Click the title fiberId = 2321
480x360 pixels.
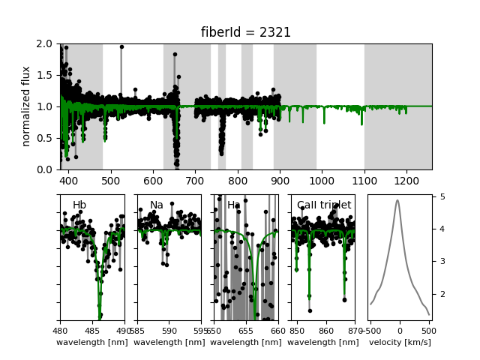[245, 32]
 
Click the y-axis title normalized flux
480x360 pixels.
[26, 106]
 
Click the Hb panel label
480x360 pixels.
[79, 205]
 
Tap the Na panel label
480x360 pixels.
[156, 205]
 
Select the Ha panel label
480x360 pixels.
[234, 205]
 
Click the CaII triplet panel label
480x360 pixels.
[324, 205]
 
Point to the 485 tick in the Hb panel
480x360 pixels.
[92, 330]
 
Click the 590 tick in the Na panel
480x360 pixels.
[169, 330]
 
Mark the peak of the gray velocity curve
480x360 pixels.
[397, 199]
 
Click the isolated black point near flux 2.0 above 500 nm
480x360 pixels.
[121, 46]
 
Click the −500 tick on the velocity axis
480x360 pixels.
[370, 330]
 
